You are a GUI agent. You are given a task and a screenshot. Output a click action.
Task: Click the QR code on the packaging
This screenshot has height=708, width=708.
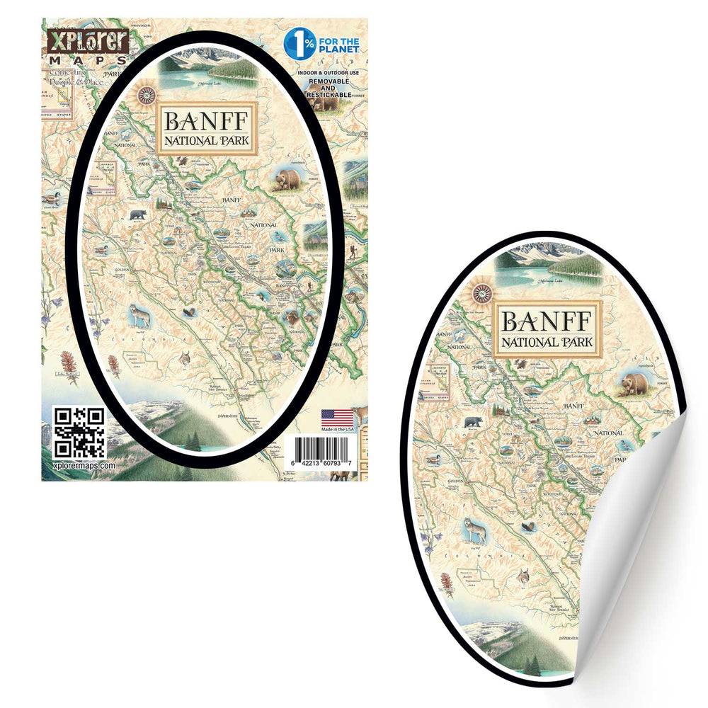[x=79, y=432]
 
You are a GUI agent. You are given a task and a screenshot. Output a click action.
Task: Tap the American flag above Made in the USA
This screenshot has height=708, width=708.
[x=337, y=418]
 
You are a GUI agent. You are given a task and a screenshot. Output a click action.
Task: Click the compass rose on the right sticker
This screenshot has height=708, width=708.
[x=483, y=292]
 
